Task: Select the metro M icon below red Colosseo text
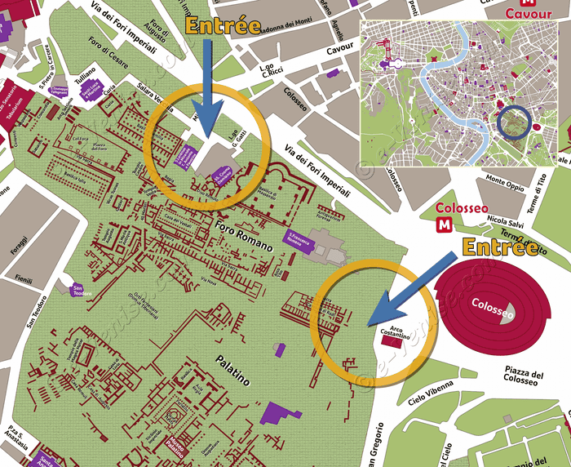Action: [445, 223]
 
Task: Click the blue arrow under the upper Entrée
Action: [205, 82]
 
